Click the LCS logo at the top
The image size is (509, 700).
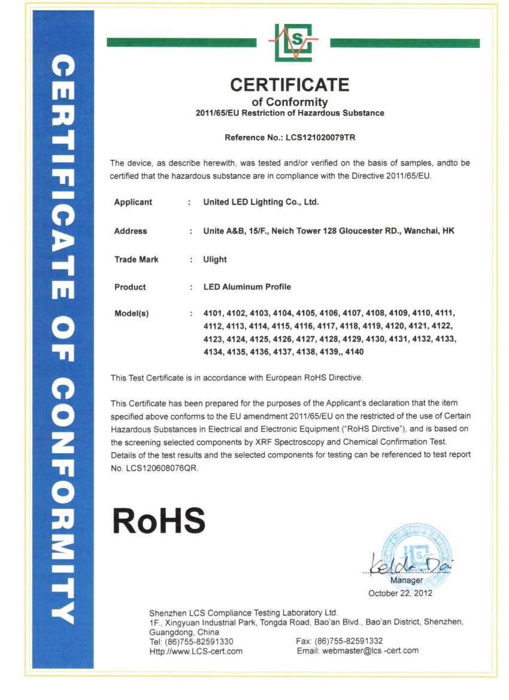[293, 43]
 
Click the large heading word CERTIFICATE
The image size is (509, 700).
[290, 84]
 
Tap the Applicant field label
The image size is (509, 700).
[133, 202]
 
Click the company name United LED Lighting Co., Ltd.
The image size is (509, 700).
[261, 202]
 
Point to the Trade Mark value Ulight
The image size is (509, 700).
[215, 260]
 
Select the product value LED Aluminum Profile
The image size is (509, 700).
[247, 287]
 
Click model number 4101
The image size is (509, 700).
[213, 313]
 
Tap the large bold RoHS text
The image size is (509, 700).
[159, 520]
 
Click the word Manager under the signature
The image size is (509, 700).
[407, 580]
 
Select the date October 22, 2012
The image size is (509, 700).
[400, 593]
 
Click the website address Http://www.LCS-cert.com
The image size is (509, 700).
[196, 651]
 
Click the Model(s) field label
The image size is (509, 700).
[131, 314]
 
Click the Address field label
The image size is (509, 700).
[131, 231]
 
